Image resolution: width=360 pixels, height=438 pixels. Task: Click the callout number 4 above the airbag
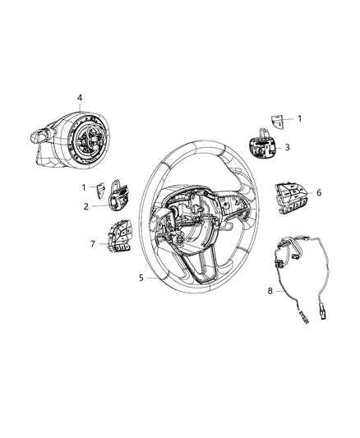tap(80, 98)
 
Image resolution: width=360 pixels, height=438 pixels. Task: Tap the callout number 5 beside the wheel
tap(141, 278)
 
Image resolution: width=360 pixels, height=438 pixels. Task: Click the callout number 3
tap(287, 148)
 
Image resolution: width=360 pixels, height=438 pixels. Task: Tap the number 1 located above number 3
tap(299, 118)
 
